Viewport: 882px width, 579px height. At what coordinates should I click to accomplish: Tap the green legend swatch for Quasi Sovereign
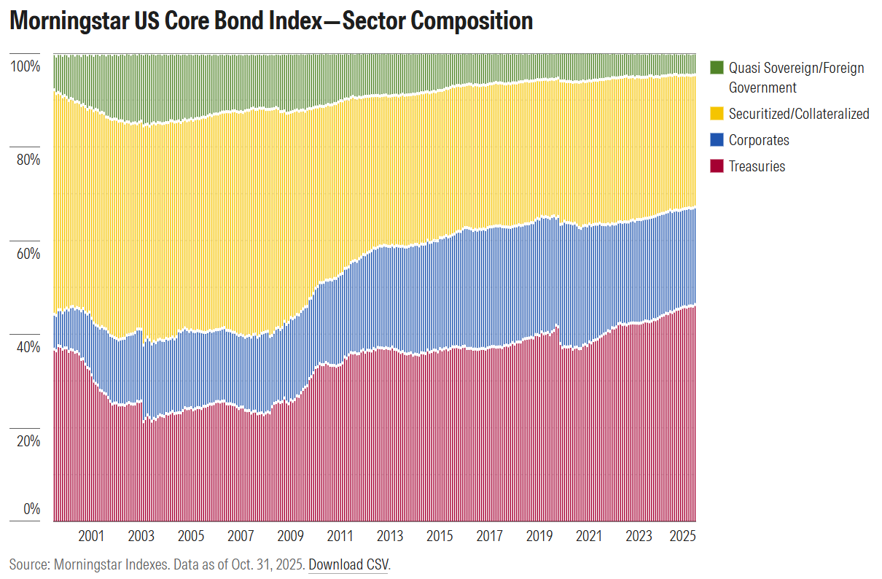[x=717, y=68]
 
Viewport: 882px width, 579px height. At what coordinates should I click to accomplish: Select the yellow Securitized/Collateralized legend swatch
[x=717, y=114]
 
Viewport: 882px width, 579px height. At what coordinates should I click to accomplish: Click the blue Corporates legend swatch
[x=717, y=140]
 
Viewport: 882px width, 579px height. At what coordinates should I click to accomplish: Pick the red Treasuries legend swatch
[x=717, y=166]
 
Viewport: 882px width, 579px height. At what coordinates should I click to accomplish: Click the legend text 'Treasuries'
[x=757, y=166]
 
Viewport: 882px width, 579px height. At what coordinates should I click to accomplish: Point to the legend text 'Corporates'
[x=759, y=140]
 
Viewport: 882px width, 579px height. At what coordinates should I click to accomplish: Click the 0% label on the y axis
[x=31, y=509]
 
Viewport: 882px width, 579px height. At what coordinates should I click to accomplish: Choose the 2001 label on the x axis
[x=90, y=536]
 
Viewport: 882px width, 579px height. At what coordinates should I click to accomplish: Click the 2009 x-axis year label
[x=290, y=536]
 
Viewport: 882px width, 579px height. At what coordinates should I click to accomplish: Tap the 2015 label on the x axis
[x=440, y=536]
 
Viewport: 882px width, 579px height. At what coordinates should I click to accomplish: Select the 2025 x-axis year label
[x=683, y=536]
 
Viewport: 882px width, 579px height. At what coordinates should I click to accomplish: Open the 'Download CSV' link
[x=348, y=564]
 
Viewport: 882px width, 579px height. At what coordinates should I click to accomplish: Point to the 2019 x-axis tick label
[x=539, y=536]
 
